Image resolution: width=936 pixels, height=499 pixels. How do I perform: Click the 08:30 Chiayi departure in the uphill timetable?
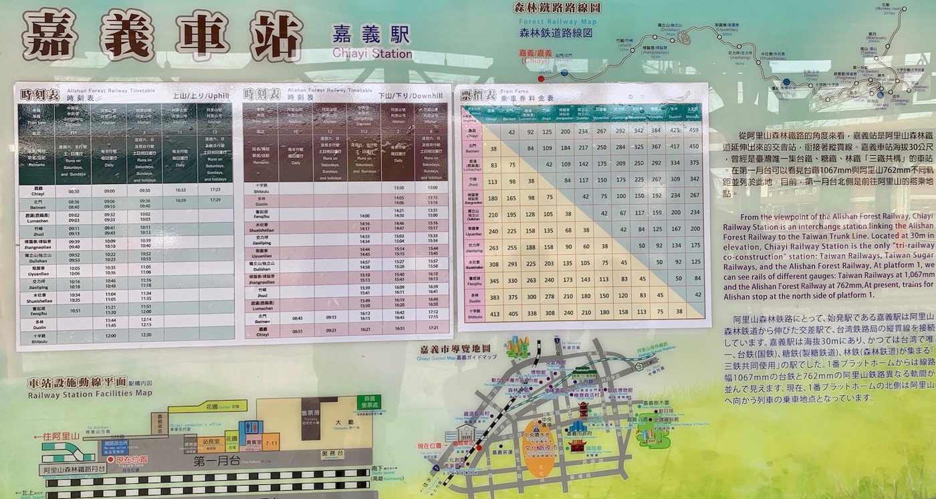pyautogui.click(x=74, y=191)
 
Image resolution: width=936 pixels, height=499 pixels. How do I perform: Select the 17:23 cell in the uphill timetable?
pyautogui.click(x=215, y=189)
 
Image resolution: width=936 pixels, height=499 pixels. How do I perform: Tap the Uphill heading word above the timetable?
pyautogui.click(x=219, y=96)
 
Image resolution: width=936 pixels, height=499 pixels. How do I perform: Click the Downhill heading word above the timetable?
pyautogui.click(x=427, y=96)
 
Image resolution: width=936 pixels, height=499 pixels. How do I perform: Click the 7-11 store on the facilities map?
pyautogui.click(x=271, y=442)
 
